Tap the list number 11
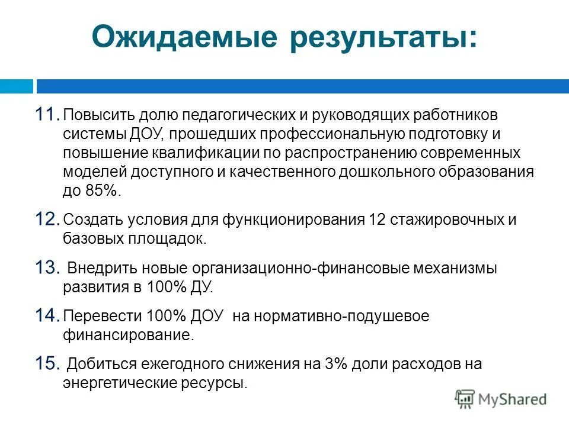click(x=46, y=114)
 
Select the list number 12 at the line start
click(x=46, y=220)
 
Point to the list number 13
click(x=47, y=268)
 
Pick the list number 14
click(x=46, y=316)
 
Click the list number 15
click(x=47, y=364)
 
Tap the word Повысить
click(x=98, y=114)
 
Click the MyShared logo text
click(x=512, y=399)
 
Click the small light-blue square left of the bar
click(x=16, y=86)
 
